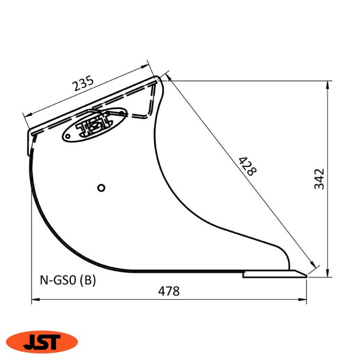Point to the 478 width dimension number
tap(169, 291)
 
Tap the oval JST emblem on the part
tap(94, 126)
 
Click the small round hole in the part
tap(102, 188)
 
